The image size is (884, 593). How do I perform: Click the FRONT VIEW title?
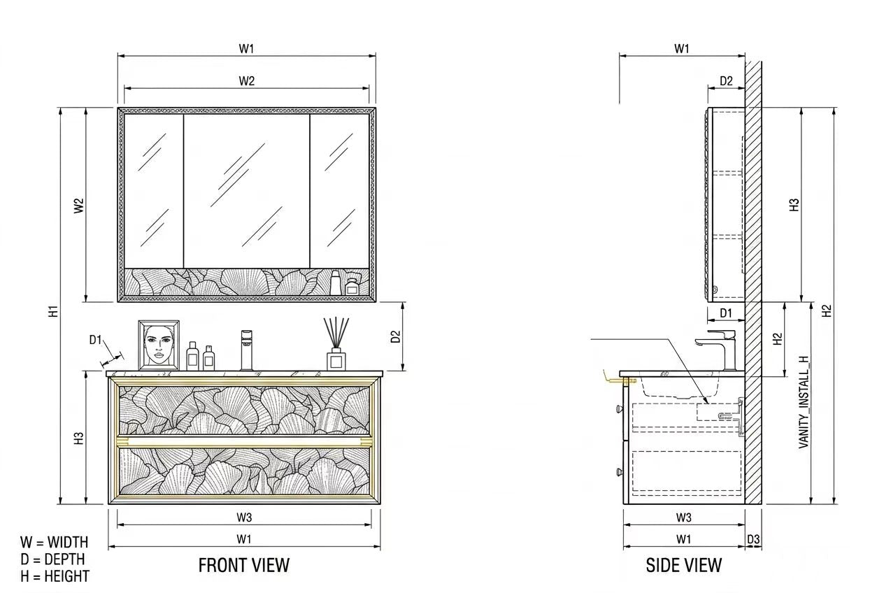click(244, 565)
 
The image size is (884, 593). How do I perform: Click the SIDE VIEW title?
click(683, 565)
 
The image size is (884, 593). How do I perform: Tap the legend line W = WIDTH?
click(54, 542)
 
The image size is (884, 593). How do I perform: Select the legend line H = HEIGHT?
click(55, 576)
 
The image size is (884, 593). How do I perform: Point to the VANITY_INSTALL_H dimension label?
click(804, 402)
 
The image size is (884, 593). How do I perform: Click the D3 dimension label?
click(753, 539)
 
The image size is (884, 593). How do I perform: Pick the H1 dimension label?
click(54, 311)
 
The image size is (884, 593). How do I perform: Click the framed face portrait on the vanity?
click(159, 345)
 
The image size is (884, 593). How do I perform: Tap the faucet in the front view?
click(246, 350)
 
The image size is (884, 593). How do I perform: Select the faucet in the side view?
click(718, 349)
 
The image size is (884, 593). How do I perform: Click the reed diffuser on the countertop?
click(336, 343)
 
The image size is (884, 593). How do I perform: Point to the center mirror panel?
click(247, 192)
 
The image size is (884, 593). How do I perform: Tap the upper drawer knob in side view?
click(620, 408)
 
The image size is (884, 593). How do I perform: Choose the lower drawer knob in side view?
click(620, 471)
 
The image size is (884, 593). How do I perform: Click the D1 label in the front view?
click(95, 340)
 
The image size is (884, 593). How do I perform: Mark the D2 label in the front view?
click(395, 336)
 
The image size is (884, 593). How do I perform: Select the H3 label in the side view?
click(794, 204)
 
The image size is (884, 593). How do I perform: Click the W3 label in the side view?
click(683, 517)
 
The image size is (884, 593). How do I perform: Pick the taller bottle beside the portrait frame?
click(192, 355)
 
